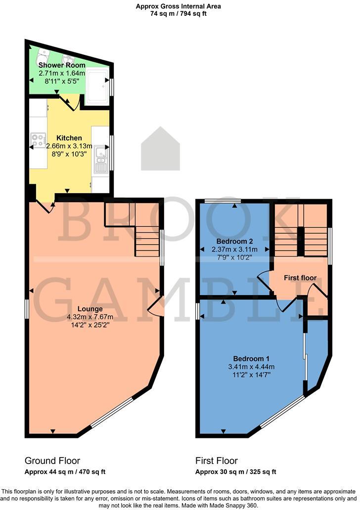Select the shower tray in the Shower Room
point(96,87)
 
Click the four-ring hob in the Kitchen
point(38,140)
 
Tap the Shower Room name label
point(62,65)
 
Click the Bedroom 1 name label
point(251,358)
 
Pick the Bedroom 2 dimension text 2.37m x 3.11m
point(235,250)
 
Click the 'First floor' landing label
point(300,278)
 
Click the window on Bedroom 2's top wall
point(223,200)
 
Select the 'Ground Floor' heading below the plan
point(52,461)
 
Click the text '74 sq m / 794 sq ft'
point(179,14)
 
